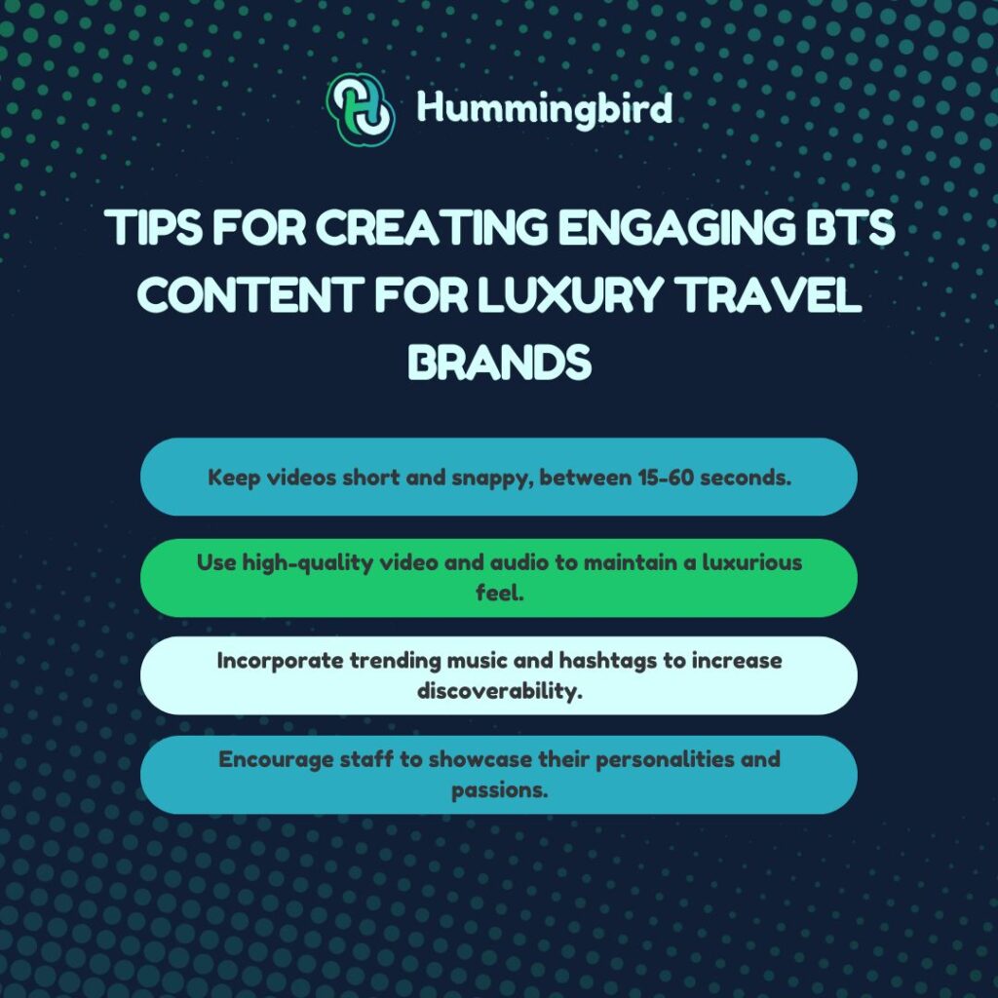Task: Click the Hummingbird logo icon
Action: pyautogui.click(x=361, y=109)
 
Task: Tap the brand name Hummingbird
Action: pyautogui.click(x=545, y=108)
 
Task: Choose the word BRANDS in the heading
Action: pyautogui.click(x=499, y=362)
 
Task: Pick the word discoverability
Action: pyautogui.click(x=499, y=689)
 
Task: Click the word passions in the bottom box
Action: pyautogui.click(x=497, y=788)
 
